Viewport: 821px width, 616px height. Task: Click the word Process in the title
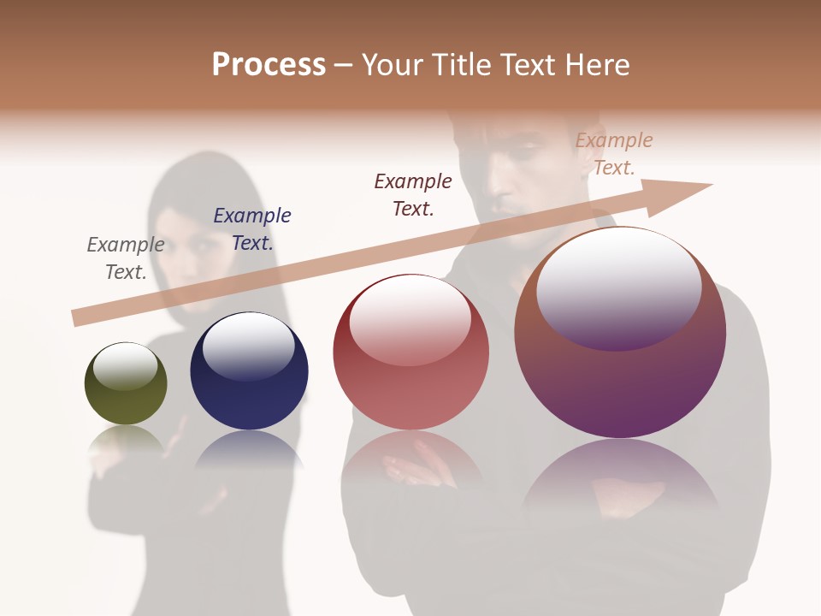coord(269,65)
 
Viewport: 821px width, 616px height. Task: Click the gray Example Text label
coord(126,258)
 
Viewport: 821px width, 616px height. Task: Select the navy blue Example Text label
coord(252,229)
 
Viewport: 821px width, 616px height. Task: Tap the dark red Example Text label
coord(413,194)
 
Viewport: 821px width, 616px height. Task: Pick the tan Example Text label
coord(614,154)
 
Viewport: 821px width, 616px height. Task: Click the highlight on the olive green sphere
coord(126,365)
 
